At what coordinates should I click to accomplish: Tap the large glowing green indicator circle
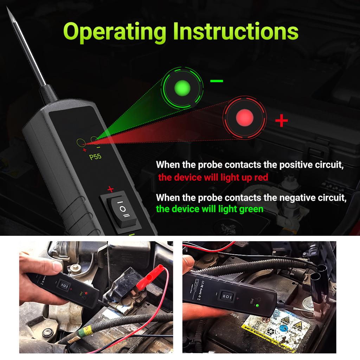182,87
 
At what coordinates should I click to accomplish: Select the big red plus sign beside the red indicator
281,121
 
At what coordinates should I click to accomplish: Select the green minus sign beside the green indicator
217,81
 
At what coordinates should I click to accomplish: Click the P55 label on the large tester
95,157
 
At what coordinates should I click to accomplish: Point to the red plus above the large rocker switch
110,189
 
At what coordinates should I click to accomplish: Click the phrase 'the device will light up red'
213,177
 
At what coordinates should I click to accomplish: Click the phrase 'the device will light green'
210,209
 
